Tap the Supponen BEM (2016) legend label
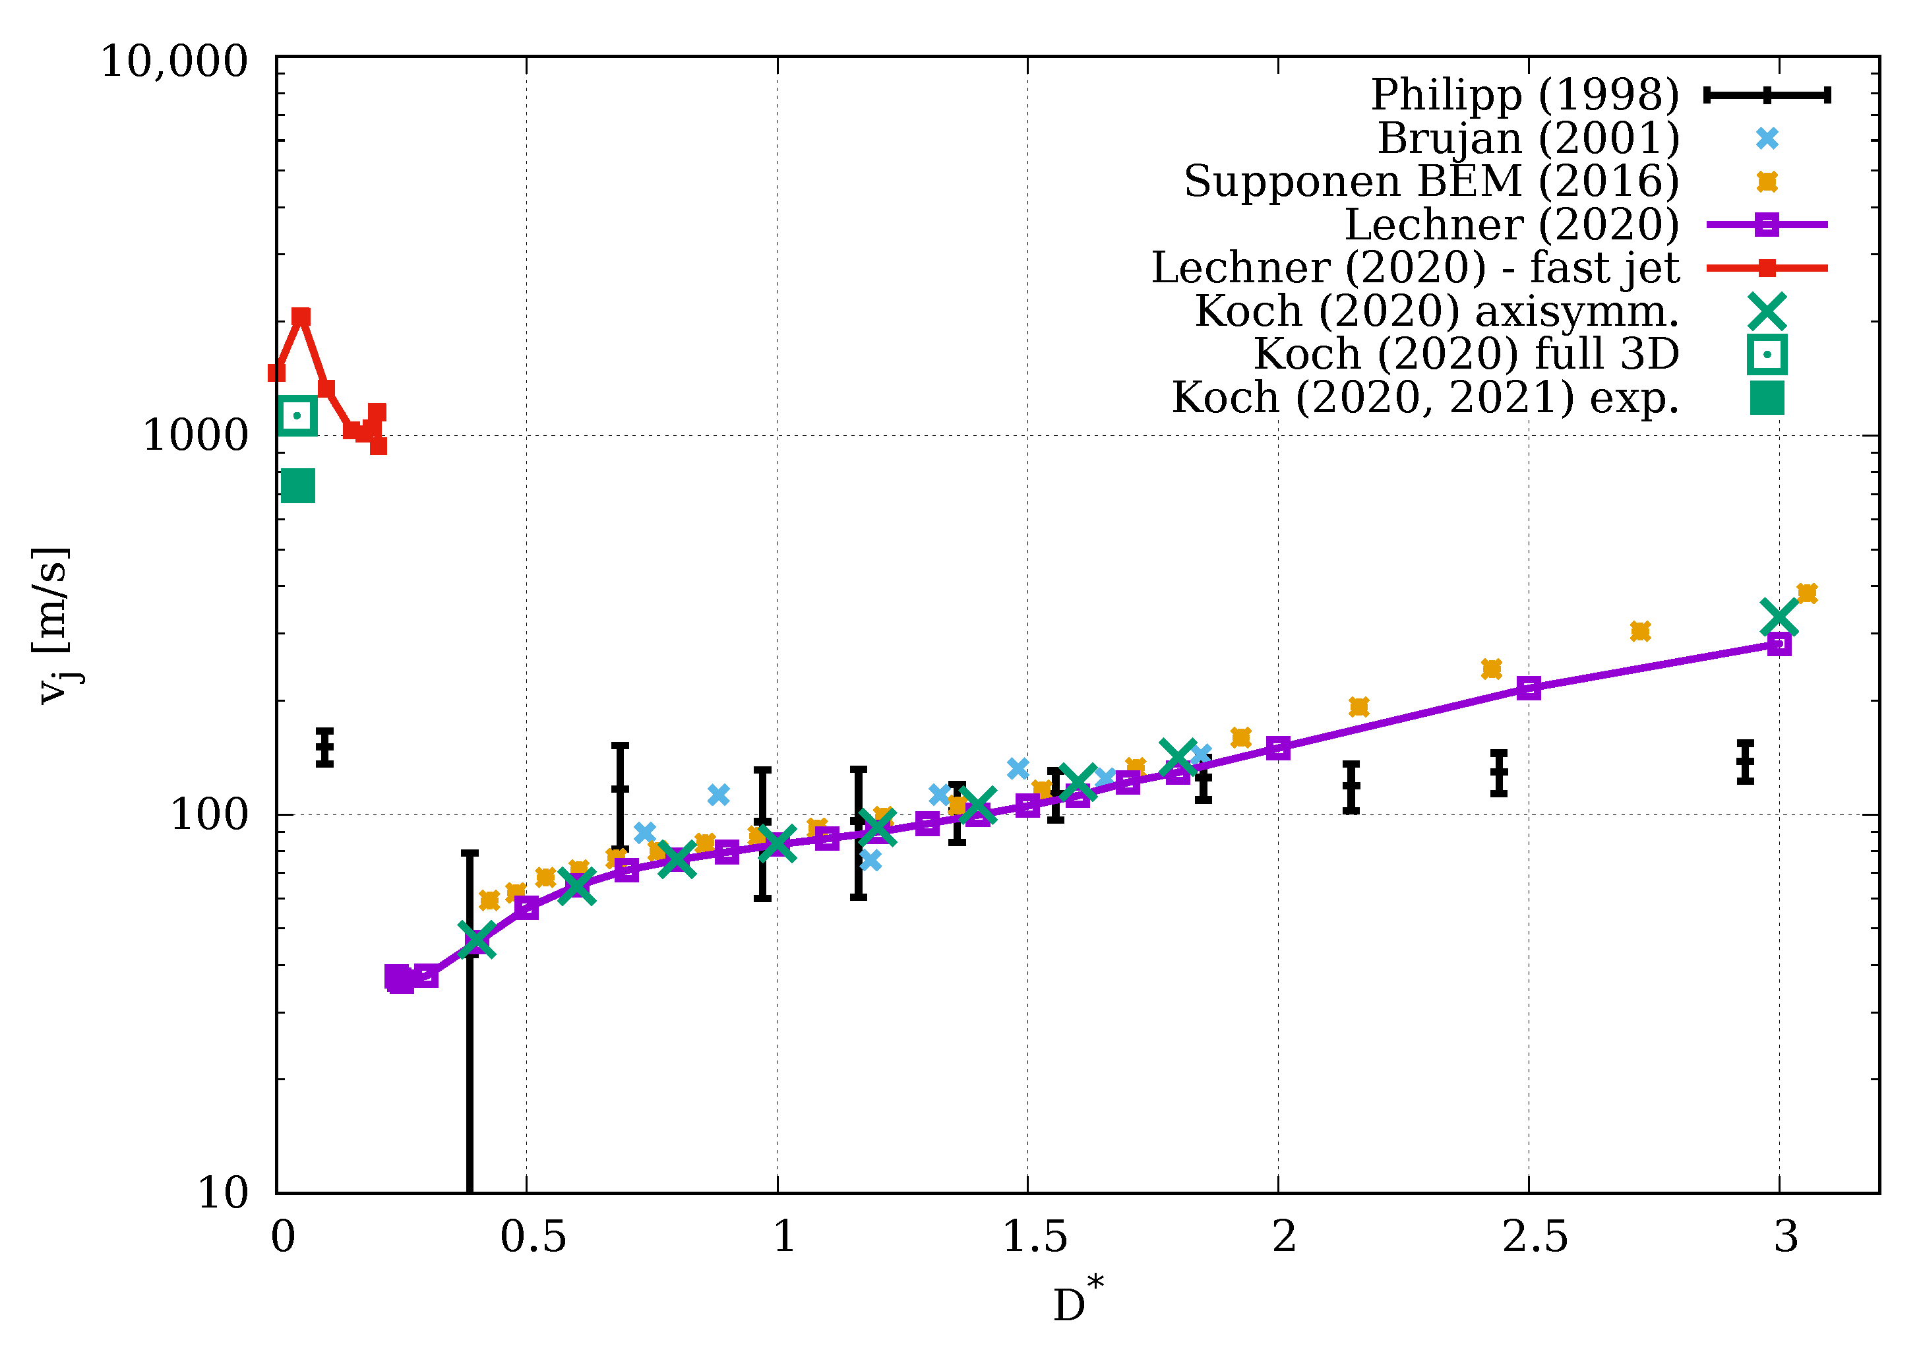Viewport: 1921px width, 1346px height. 1431,181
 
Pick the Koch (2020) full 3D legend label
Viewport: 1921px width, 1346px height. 1466,354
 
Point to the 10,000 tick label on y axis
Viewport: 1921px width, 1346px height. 175,62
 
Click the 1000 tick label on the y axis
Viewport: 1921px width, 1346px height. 196,435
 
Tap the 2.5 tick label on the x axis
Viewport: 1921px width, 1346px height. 1535,1237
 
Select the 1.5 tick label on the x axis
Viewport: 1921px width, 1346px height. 1034,1237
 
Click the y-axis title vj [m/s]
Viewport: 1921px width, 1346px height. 53,625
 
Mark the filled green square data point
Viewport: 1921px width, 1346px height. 298,485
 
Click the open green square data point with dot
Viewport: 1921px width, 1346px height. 297,415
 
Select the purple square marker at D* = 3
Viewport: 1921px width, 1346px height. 1779,644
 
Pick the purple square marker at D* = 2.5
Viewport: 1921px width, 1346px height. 1529,688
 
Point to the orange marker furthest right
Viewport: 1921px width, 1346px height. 1806,594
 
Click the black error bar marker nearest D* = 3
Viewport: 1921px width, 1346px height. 1744,762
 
